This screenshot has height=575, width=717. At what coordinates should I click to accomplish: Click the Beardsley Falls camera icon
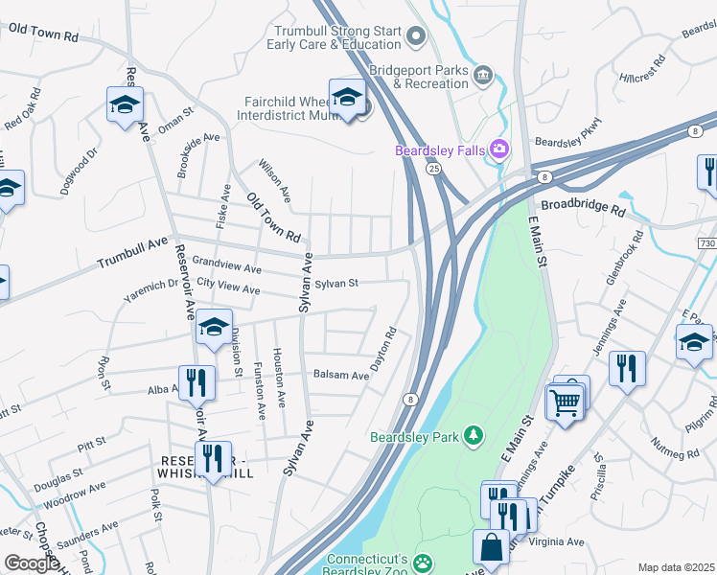tap(498, 149)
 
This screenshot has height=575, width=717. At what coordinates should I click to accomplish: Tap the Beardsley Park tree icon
tap(473, 436)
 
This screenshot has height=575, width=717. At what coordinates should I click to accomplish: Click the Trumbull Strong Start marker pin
tap(416, 37)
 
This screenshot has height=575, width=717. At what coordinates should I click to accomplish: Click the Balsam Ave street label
tap(341, 376)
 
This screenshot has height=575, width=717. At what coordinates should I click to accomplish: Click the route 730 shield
tap(707, 245)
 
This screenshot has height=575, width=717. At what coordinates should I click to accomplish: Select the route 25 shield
tap(433, 169)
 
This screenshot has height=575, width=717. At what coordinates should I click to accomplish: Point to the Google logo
tap(31, 563)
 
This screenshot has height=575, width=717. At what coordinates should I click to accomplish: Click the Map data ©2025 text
tap(677, 567)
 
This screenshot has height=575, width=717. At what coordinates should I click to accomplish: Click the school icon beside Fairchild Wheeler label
tap(347, 96)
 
